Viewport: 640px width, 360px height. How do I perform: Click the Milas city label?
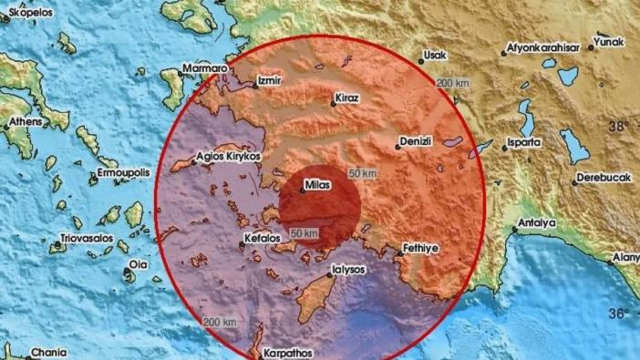pyautogui.click(x=320, y=184)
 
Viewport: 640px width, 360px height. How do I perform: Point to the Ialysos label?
pyautogui.click(x=349, y=270)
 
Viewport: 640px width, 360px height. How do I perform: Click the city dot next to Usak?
pyautogui.click(x=421, y=61)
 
